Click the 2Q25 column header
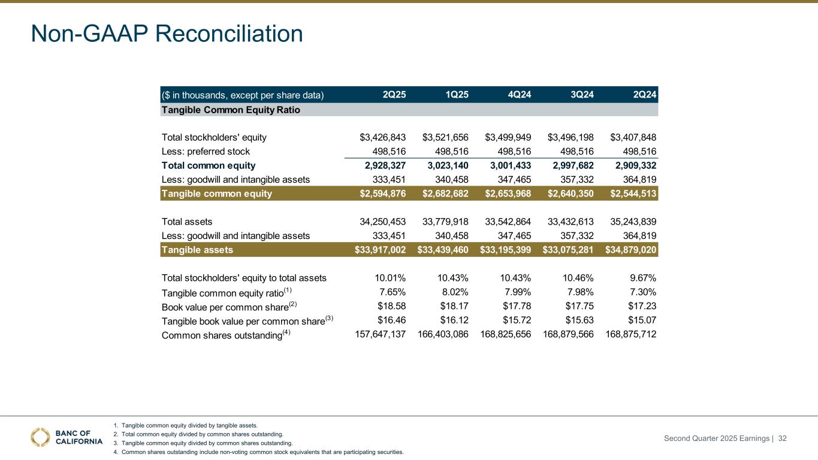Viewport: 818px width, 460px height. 394,95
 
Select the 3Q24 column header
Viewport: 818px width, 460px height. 581,95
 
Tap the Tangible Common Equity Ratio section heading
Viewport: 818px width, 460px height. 231,110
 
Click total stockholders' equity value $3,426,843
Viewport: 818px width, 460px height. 379,137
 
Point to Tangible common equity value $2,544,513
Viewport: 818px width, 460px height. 633,193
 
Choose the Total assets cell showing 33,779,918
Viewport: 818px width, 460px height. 442,221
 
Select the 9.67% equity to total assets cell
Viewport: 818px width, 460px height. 641,278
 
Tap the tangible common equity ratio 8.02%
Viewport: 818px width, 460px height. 453,292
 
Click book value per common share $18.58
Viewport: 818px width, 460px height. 391,307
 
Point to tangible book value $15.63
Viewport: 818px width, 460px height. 579,321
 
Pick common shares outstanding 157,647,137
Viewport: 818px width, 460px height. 377,335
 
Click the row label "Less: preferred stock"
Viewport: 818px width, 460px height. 206,152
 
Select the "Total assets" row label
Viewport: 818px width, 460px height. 187,221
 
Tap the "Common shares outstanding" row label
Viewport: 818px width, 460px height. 222,335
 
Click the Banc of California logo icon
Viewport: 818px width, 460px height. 41,437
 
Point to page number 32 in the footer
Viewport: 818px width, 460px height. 782,439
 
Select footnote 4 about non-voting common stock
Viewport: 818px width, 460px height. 258,452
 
